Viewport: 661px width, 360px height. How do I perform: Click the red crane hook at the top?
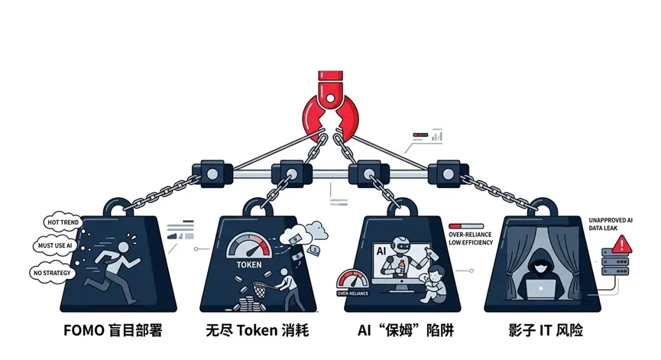(x=330, y=108)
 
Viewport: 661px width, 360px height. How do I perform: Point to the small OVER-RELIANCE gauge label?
(x=354, y=293)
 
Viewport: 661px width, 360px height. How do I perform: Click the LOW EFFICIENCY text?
(x=471, y=242)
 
